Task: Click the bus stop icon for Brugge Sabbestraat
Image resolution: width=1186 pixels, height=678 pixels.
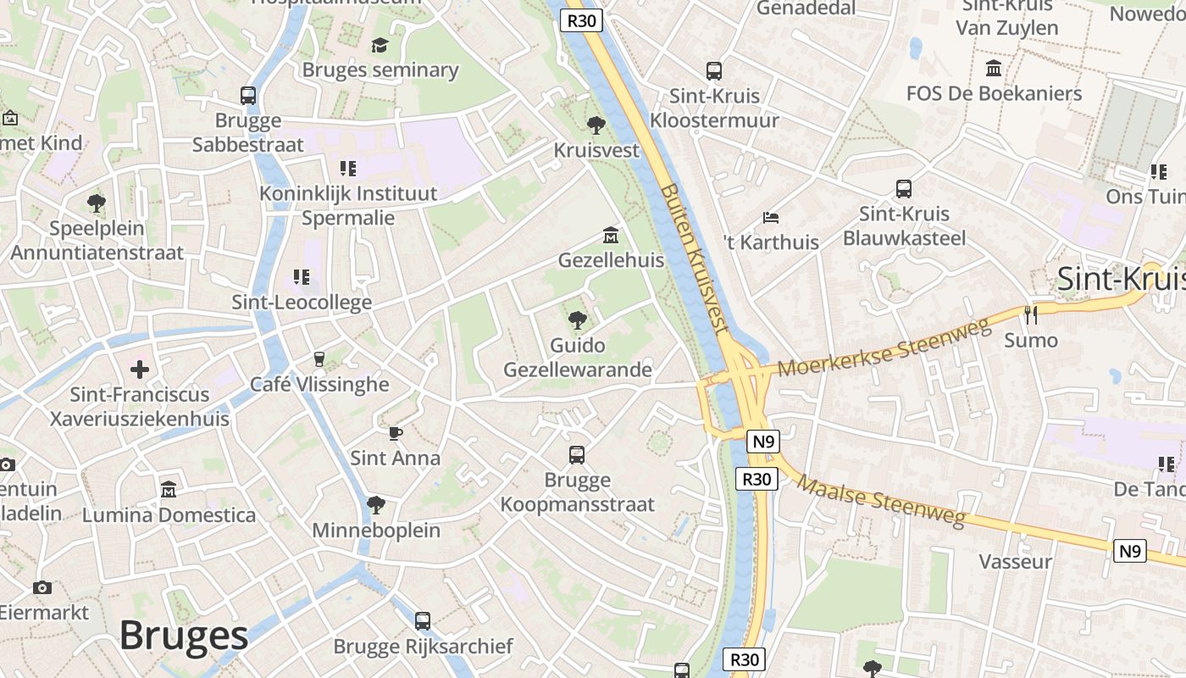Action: (247, 96)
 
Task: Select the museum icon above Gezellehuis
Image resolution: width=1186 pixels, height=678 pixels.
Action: (610, 235)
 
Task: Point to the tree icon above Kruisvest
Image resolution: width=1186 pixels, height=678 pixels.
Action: (596, 125)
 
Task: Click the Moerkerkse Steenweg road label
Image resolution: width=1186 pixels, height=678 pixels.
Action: (884, 348)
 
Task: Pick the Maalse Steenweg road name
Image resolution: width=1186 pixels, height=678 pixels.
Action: (881, 502)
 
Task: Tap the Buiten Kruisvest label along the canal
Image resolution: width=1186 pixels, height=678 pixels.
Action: (694, 258)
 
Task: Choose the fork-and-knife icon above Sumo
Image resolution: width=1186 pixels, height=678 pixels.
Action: (1030, 315)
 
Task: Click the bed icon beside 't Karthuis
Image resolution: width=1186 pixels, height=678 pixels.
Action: (770, 218)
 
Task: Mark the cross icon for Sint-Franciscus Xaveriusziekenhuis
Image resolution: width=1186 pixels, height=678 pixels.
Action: (140, 370)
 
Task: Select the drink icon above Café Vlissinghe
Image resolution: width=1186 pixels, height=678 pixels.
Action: (319, 359)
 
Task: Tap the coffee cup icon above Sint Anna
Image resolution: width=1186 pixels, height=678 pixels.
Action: (395, 433)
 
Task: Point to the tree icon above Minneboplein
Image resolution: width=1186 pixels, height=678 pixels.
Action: (376, 505)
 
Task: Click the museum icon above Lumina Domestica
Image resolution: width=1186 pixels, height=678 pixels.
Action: (168, 490)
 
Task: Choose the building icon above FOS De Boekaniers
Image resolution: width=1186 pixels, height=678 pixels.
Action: (994, 68)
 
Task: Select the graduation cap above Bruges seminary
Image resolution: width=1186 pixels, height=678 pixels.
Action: (380, 45)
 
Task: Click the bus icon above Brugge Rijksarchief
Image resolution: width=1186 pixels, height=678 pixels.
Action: (423, 621)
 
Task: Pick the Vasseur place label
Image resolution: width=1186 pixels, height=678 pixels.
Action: (1015, 561)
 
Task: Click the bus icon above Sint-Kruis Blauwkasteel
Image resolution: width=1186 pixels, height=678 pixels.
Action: (904, 189)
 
